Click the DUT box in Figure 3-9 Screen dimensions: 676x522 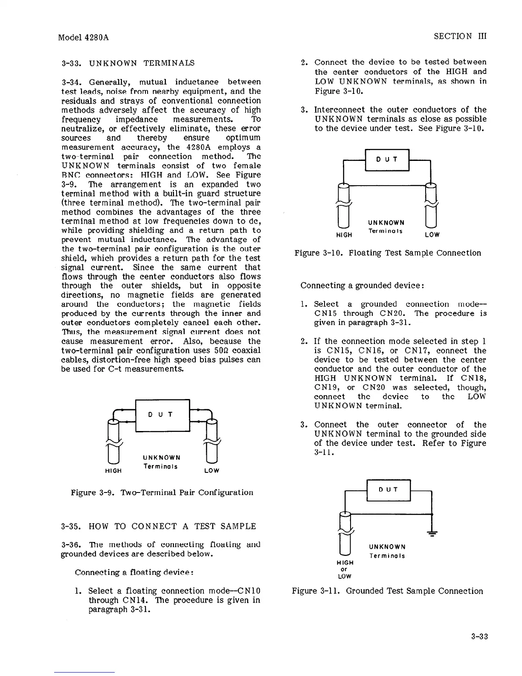pyautogui.click(x=162, y=415)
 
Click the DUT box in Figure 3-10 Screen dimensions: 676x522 pyautogui.click(x=387, y=160)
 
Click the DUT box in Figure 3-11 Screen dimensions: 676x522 pyautogui.click(x=388, y=490)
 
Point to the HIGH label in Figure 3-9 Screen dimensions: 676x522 pyautogui.click(x=113, y=471)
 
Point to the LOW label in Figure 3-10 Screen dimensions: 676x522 pyautogui.click(x=432, y=235)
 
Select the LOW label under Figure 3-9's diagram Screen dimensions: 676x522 pyautogui.click(x=212, y=471)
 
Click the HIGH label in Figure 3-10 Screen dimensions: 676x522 pyautogui.click(x=344, y=235)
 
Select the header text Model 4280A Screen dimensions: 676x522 pyautogui.click(x=83, y=37)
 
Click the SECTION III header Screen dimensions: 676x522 pyautogui.click(x=460, y=36)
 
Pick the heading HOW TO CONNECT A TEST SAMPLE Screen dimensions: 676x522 pyautogui.click(x=159, y=526)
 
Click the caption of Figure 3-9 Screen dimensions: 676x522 pyautogui.click(x=162, y=492)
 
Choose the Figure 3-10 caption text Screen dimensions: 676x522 pyautogui.click(x=388, y=253)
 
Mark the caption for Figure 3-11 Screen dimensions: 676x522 pyautogui.click(x=387, y=591)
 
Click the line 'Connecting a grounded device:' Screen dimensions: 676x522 pyautogui.click(x=362, y=285)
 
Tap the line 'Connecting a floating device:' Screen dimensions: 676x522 pyautogui.click(x=135, y=572)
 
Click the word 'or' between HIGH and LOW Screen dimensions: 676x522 pyautogui.click(x=344, y=569)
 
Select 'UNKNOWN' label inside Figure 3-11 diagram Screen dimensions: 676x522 pyautogui.click(x=387, y=547)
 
